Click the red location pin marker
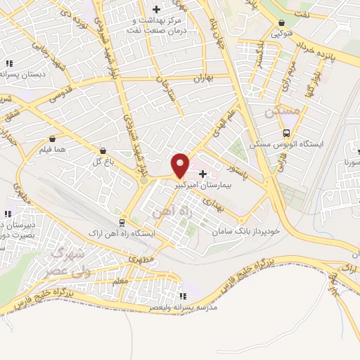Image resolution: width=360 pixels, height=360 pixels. pos(181,165)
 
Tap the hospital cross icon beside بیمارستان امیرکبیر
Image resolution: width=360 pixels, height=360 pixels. pos(203,173)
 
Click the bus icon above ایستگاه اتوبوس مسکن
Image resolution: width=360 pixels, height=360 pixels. pos(287,133)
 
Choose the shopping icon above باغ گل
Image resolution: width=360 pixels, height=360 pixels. pos(103,150)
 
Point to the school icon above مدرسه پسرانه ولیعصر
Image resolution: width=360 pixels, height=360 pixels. pos(184,296)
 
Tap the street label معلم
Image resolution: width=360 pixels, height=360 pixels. pos(120,281)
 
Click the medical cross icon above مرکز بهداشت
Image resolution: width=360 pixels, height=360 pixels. pos(155,8)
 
